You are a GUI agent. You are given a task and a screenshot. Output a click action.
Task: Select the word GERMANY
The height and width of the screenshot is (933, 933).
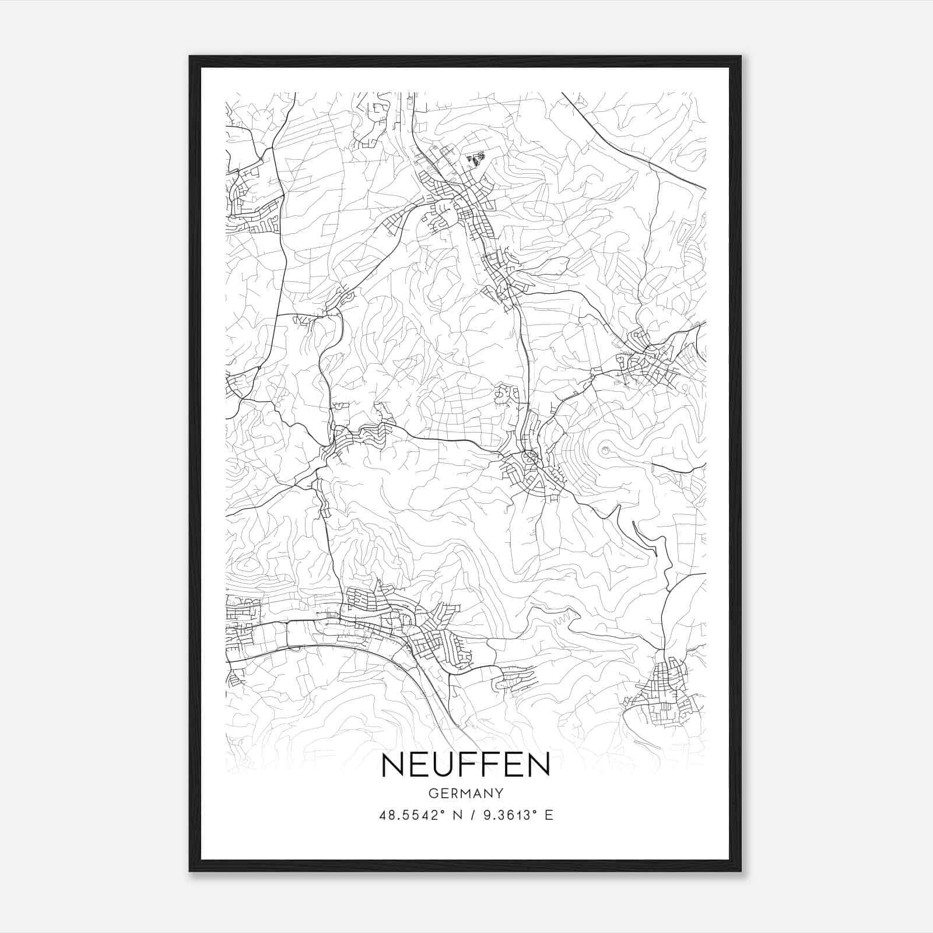tap(465, 793)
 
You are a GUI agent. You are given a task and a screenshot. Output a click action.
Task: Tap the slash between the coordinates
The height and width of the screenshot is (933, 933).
tap(472, 815)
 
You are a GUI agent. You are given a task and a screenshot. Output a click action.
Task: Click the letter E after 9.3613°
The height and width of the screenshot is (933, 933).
tap(549, 815)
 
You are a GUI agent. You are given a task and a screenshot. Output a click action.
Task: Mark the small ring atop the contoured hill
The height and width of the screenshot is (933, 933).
tap(605, 450)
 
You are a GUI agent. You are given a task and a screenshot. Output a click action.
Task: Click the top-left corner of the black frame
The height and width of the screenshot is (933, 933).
tap(191, 58)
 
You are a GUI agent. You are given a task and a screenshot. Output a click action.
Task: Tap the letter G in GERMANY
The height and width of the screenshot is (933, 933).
tap(432, 793)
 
